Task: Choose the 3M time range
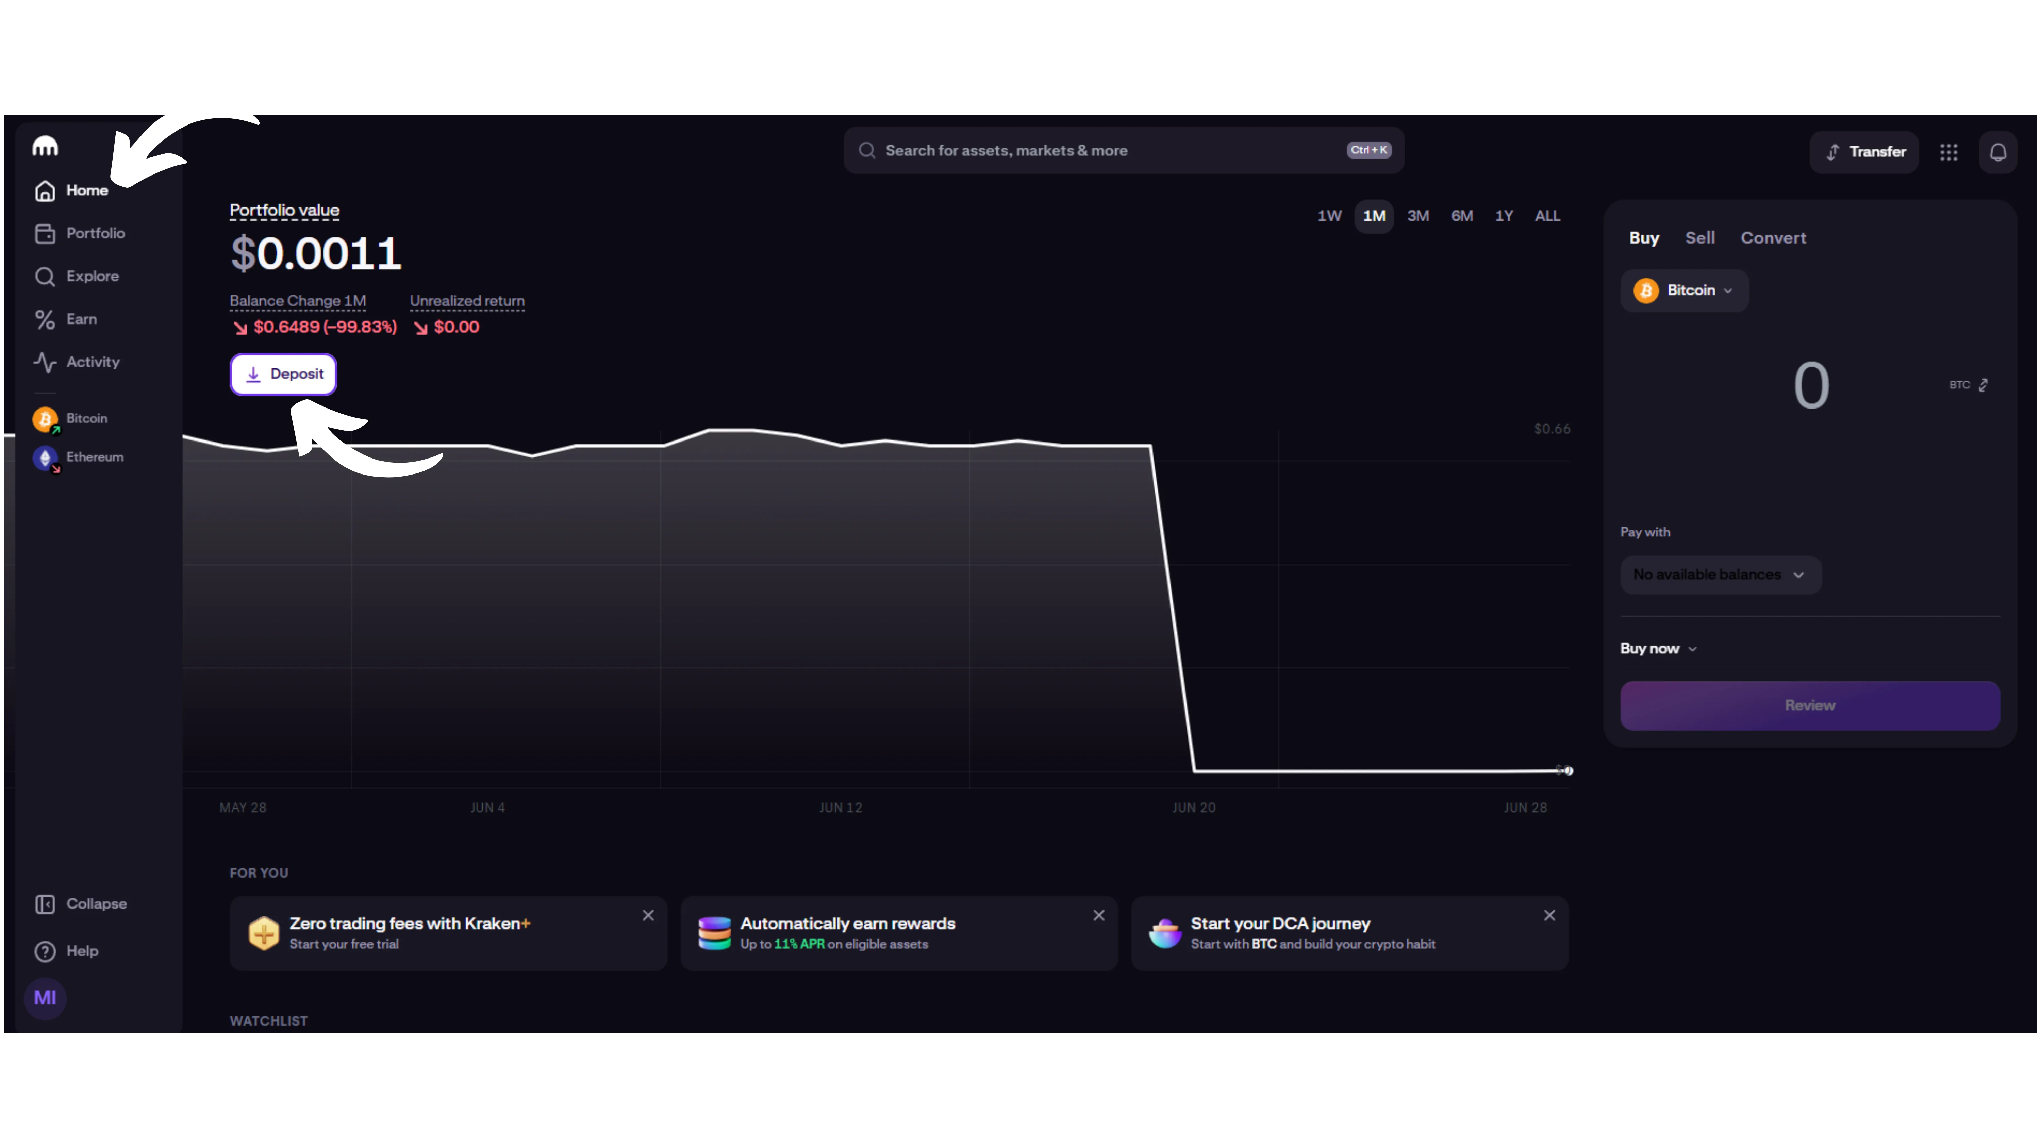1417,216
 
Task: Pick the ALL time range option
1547,216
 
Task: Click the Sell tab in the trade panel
1699,238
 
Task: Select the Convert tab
1772,238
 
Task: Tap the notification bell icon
1997,151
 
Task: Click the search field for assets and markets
1109,151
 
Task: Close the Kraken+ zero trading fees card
648,915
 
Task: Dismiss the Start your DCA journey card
1549,915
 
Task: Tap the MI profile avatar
45,997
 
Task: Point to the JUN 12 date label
840,807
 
